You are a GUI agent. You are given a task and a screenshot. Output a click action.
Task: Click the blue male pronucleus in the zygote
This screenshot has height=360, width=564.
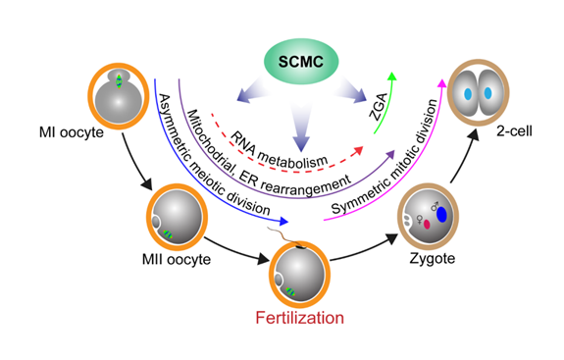coord(440,213)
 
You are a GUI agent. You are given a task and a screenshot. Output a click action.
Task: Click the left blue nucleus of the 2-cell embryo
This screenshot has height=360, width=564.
coord(467,94)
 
